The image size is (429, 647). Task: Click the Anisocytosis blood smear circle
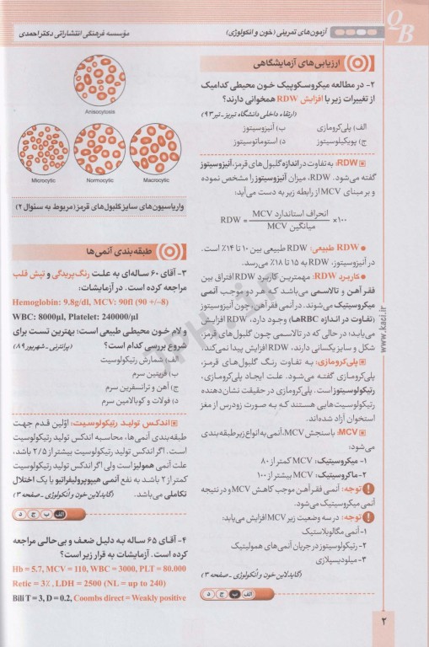pos(99,80)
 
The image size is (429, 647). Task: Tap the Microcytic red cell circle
pos(44,149)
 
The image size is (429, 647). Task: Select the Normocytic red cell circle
pos(99,149)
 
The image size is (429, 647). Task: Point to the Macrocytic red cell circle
pos(155,149)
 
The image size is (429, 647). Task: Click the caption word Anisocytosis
pos(99,110)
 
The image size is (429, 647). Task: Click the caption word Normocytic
pos(99,179)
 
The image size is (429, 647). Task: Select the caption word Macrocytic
pos(156,179)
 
